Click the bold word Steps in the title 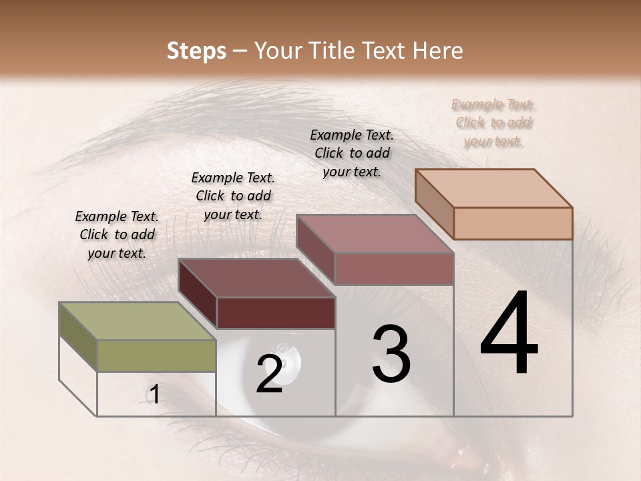click(196, 51)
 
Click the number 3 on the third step click(391, 355)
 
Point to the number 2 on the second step click(269, 373)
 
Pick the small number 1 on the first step click(154, 395)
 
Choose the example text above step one click(117, 234)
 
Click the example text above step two click(233, 196)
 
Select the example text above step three click(352, 153)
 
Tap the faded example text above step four click(493, 123)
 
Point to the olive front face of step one click(156, 355)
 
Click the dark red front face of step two click(276, 313)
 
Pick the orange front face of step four click(513, 223)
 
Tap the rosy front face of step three click(394, 269)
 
